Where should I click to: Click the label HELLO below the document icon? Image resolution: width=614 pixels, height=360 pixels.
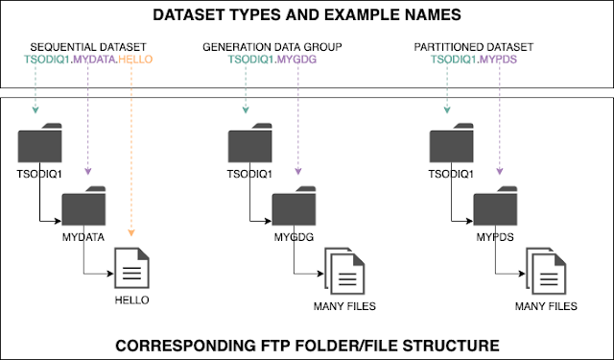pos(133,301)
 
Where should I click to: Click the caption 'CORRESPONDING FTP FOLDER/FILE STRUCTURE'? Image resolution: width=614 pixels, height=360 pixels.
pos(307,342)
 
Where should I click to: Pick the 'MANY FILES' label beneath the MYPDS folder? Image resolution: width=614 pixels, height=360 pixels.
pos(546,306)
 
